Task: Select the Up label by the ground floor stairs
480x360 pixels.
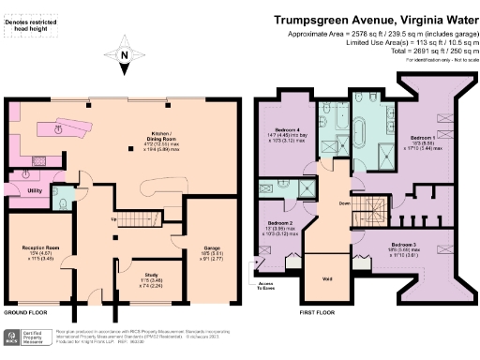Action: [115, 220]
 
